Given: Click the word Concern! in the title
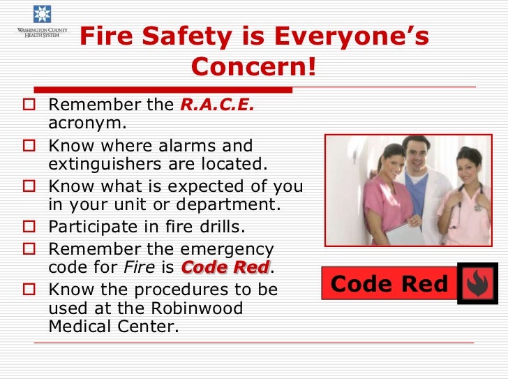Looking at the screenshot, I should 253,68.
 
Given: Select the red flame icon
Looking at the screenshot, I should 477,283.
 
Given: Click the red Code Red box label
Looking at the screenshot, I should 389,284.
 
